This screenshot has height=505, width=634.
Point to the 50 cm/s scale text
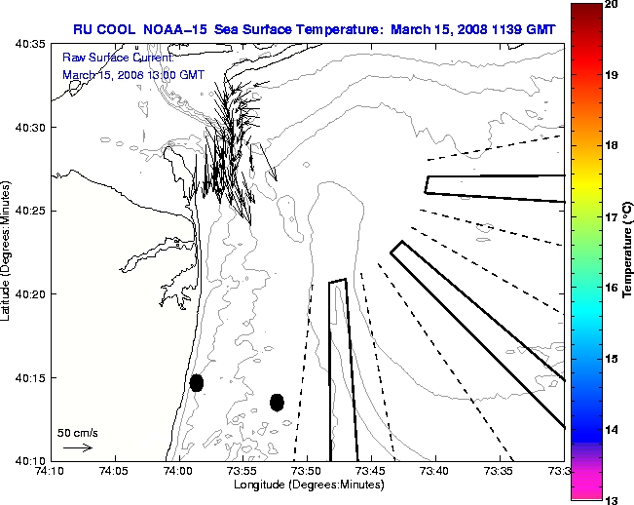point(78,432)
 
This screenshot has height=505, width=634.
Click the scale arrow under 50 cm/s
point(78,447)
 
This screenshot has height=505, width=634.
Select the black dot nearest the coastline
point(196,382)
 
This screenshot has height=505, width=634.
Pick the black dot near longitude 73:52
point(277,402)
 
